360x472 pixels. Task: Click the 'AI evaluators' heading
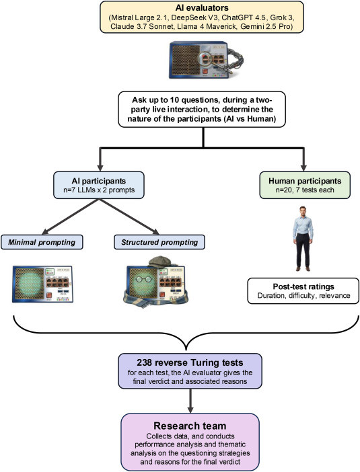point(202,7)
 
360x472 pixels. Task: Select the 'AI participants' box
point(99,185)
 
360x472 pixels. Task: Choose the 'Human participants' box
point(305,185)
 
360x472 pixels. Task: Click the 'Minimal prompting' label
point(42,242)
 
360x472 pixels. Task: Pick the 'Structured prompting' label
point(159,242)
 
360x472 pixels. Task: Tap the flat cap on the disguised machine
point(160,262)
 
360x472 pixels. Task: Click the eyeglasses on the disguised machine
point(144,279)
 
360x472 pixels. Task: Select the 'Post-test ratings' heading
point(303,286)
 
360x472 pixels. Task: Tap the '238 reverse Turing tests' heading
point(190,362)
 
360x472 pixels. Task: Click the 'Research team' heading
point(190,426)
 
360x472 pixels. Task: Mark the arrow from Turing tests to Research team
point(190,401)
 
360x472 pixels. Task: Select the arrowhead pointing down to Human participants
point(303,167)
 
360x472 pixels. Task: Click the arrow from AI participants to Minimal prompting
point(71,217)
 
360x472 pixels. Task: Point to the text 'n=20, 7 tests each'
point(305,190)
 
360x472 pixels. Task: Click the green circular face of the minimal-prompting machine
point(29,284)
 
